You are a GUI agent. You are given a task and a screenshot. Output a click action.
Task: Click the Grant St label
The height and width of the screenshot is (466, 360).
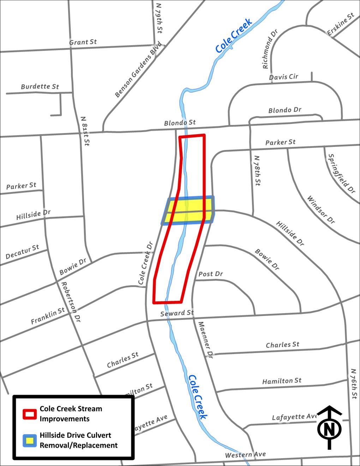(x=83, y=42)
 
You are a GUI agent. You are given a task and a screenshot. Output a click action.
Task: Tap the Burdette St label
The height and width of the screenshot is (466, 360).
(x=40, y=86)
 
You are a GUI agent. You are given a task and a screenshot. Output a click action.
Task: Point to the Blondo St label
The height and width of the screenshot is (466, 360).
(x=180, y=123)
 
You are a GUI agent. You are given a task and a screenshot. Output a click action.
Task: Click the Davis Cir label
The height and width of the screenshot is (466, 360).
(x=283, y=77)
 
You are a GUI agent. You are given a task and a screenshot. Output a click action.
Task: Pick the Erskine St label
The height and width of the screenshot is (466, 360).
(x=341, y=24)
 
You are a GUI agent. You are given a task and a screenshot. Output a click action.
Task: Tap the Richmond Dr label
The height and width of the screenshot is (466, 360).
(x=270, y=49)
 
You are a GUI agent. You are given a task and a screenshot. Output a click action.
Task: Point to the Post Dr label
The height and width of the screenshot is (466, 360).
(x=211, y=274)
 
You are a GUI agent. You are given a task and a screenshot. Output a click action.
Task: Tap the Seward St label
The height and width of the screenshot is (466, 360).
(x=177, y=313)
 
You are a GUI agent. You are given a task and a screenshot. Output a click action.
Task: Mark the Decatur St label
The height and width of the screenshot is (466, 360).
(x=22, y=252)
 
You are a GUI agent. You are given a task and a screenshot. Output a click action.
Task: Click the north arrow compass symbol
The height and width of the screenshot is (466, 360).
(x=329, y=428)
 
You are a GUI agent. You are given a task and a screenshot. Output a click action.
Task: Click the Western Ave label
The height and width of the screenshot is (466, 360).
(x=245, y=454)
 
